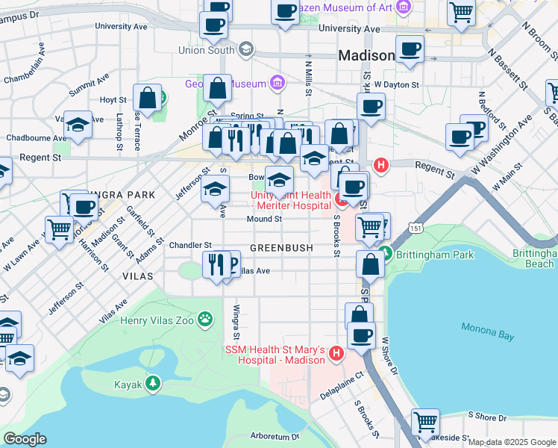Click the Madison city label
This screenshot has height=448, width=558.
[366, 56]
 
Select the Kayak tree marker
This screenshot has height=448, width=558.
[153, 383]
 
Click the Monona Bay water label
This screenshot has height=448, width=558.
[488, 331]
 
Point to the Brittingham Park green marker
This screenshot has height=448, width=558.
[385, 254]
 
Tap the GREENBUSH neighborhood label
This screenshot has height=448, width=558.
[280, 247]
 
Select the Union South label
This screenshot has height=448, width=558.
[207, 50]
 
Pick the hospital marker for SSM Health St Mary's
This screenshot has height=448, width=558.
[336, 352]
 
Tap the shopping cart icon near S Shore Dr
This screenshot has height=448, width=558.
[425, 421]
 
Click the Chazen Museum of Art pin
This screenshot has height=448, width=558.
[404, 7]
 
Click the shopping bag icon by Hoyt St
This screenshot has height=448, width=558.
[148, 98]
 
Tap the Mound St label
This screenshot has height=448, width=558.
[265, 220]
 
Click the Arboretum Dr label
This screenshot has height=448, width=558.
[275, 436]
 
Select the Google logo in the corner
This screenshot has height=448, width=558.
[25, 439]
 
